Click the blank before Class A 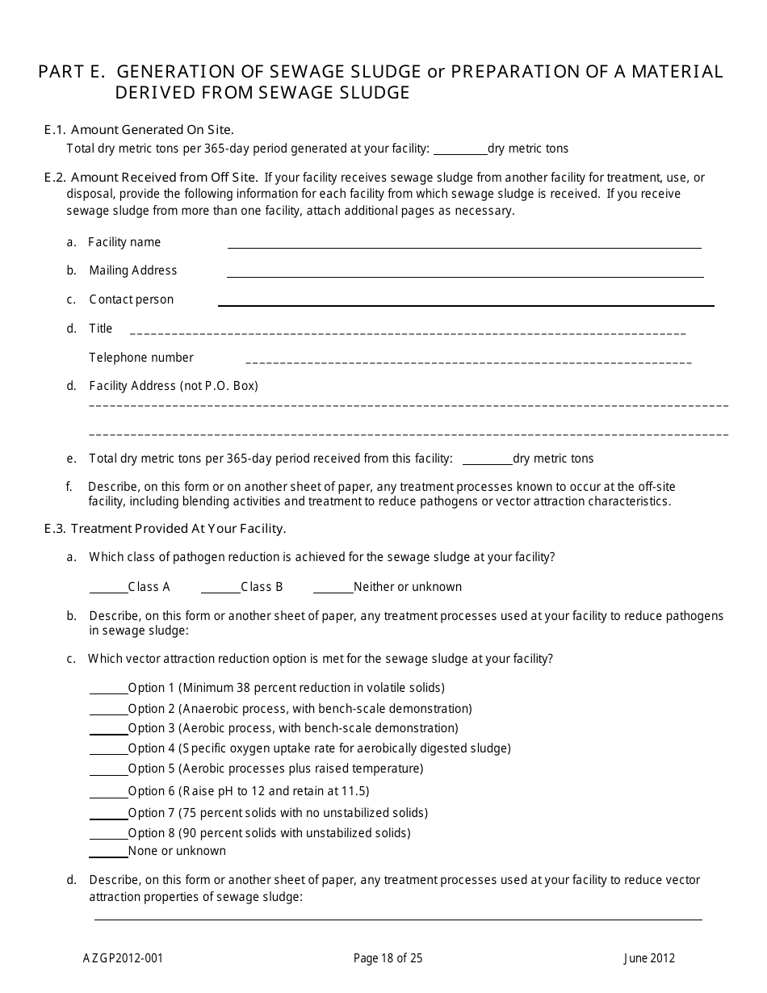pos(108,589)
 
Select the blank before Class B pos(220,589)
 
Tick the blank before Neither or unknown pos(333,589)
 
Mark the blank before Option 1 pos(108,689)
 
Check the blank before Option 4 pos(108,750)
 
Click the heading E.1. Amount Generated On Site pos(139,130)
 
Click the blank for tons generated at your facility pos(460,150)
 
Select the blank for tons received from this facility pos(487,460)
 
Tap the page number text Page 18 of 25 pos(388,959)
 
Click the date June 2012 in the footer pos(648,959)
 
